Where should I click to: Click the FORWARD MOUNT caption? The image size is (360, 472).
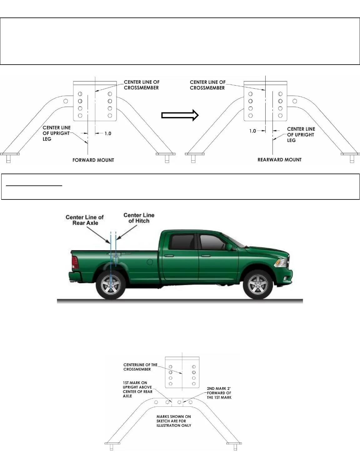[x=93, y=160]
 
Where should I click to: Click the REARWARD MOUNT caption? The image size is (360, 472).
[x=279, y=160]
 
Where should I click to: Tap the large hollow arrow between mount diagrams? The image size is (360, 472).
[x=180, y=115]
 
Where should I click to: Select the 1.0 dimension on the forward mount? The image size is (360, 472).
[x=107, y=134]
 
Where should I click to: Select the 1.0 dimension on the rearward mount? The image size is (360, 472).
[x=252, y=131]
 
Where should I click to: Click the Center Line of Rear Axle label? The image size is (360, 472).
[x=85, y=220]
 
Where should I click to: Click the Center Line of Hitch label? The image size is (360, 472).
[x=139, y=218]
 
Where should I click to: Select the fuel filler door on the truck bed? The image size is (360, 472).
[x=150, y=262]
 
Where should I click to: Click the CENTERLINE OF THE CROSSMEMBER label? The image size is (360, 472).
[x=140, y=367]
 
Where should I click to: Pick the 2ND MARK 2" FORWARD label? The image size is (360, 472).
[x=219, y=393]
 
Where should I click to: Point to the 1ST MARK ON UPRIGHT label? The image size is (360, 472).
[x=137, y=389]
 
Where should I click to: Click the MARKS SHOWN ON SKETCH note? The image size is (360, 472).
[x=174, y=421]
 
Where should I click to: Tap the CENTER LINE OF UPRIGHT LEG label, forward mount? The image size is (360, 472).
[x=57, y=133]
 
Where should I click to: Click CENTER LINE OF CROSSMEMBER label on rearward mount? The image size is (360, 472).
[x=207, y=85]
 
